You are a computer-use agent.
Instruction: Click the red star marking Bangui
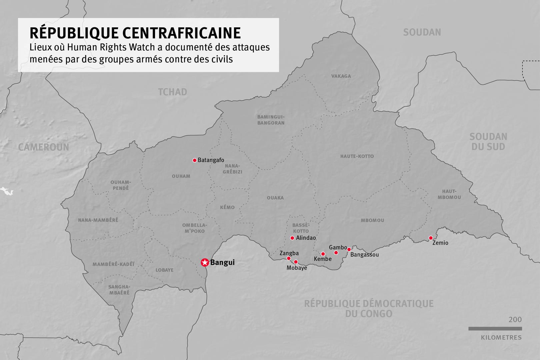point(205,263)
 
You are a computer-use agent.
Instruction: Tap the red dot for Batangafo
point(195,160)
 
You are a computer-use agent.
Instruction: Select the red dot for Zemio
point(431,238)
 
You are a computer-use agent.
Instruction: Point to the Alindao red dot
point(292,238)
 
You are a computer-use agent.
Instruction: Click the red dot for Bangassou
point(349,249)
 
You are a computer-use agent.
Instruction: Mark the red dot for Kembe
point(323,254)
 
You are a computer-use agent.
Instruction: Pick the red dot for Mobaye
point(296,262)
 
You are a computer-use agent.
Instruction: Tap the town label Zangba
point(289,253)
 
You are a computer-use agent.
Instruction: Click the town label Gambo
point(338,247)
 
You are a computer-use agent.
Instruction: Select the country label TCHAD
point(172,92)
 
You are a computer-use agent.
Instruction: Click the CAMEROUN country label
point(44,147)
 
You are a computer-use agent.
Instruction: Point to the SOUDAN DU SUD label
point(488,142)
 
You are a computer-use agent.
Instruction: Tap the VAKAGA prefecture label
point(341,76)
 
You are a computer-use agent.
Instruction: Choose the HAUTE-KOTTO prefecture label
point(357,156)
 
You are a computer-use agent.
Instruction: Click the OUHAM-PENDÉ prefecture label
point(121,185)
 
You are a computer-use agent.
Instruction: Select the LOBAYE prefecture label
point(164,270)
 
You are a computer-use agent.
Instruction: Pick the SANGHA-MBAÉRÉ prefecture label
point(119,290)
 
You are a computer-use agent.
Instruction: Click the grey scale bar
point(495,329)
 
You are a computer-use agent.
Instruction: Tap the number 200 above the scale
point(515,320)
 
